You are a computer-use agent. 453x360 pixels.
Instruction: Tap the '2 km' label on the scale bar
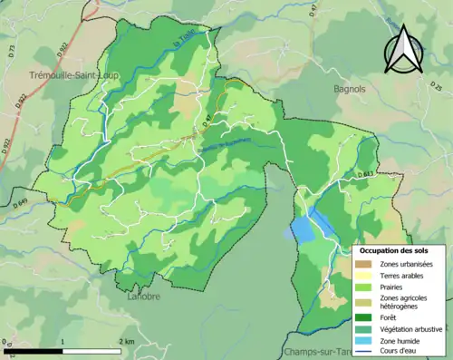point(127,341)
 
